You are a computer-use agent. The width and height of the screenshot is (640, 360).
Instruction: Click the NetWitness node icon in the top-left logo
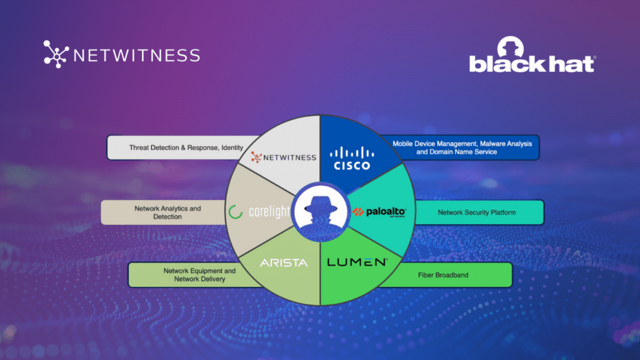[56, 54]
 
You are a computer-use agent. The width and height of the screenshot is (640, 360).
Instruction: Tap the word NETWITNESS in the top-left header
[136, 55]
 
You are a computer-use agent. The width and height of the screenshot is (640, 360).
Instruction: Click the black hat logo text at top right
[532, 64]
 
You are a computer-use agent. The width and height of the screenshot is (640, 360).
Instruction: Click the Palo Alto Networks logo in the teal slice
[379, 212]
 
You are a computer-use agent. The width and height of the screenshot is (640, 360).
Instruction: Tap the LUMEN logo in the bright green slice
[357, 262]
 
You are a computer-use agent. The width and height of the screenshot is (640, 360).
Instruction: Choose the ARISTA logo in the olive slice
[284, 263]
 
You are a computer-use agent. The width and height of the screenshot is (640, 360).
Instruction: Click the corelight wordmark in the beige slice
[269, 212]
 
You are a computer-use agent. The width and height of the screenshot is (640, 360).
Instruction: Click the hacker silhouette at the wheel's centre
[320, 212]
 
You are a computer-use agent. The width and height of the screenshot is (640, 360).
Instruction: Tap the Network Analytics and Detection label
[167, 212]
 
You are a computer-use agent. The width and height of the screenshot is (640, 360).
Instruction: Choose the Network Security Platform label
[476, 212]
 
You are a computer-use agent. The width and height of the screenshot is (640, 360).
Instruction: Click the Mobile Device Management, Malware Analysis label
[462, 147]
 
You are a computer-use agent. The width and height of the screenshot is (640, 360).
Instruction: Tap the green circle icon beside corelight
[236, 212]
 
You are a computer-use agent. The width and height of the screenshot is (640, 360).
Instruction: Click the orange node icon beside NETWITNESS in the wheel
[255, 157]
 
